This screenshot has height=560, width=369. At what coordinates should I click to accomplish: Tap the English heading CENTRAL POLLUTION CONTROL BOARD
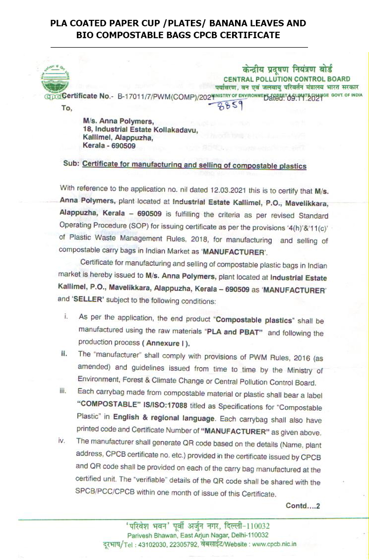pyautogui.click(x=287, y=79)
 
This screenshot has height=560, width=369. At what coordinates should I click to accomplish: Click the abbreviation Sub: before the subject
pyautogui.click(x=72, y=166)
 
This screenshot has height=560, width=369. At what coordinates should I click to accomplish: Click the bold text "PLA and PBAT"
pyautogui.click(x=237, y=332)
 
